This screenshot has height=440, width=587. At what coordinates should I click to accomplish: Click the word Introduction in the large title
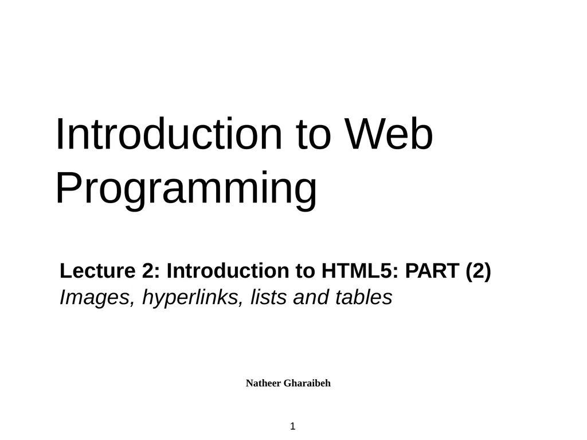169,135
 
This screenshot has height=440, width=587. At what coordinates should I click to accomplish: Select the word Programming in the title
186,189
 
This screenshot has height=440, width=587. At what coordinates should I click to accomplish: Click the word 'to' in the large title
314,135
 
